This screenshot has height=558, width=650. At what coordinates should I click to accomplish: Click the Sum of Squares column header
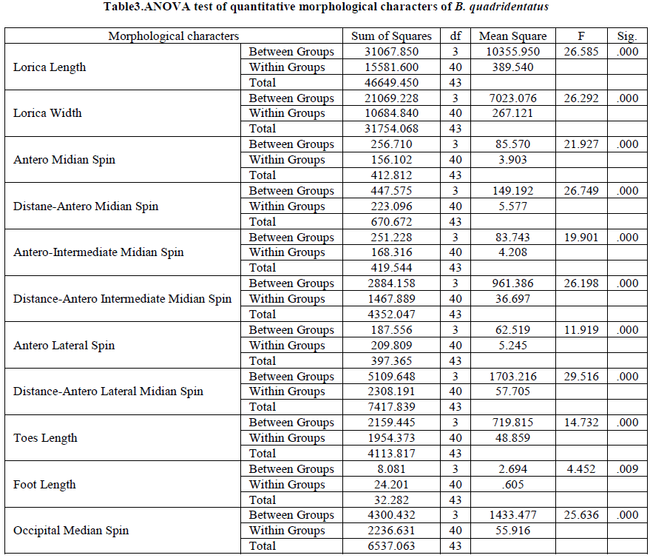[x=392, y=36]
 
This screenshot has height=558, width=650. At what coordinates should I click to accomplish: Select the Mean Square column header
[x=513, y=36]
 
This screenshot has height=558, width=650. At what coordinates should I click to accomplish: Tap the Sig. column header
[x=627, y=36]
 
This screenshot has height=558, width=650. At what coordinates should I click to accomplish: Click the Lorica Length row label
[x=50, y=67]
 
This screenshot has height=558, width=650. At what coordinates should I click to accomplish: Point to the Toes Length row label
[x=45, y=438]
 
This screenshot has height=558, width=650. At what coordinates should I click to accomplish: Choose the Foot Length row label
[x=44, y=485]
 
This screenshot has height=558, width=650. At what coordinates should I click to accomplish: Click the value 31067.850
[x=392, y=52]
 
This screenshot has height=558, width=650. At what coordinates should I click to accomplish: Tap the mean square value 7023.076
[x=513, y=98]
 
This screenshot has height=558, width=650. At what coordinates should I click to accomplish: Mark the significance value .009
[x=627, y=469]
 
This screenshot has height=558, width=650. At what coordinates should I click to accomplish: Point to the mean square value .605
[x=513, y=485]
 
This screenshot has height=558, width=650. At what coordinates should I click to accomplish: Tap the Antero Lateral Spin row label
[x=64, y=346]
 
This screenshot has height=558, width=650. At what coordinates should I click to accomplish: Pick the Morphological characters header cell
[x=174, y=36]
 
